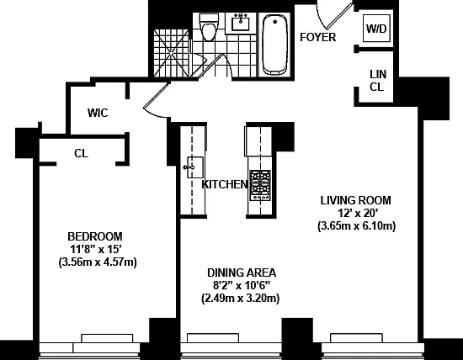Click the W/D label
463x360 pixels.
click(376, 29)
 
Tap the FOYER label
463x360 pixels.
click(317, 37)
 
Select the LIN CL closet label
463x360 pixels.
click(378, 80)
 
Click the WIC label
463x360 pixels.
click(98, 113)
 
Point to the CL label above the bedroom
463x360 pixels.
click(81, 153)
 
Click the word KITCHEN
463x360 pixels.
click(225, 184)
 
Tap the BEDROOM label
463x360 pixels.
click(95, 236)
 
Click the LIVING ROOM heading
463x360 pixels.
click(356, 200)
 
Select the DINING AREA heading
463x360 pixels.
click(242, 273)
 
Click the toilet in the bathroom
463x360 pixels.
click(208, 28)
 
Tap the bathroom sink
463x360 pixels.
click(241, 23)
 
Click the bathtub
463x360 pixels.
click(274, 45)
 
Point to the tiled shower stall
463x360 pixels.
click(171, 53)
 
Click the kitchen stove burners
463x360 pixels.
click(260, 185)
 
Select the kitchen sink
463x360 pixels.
click(194, 167)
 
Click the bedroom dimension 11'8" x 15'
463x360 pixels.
click(96, 249)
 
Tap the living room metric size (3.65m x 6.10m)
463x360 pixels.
click(356, 226)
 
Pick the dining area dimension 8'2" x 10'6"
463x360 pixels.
click(242, 285)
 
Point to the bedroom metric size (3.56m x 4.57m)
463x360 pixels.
click(98, 262)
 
